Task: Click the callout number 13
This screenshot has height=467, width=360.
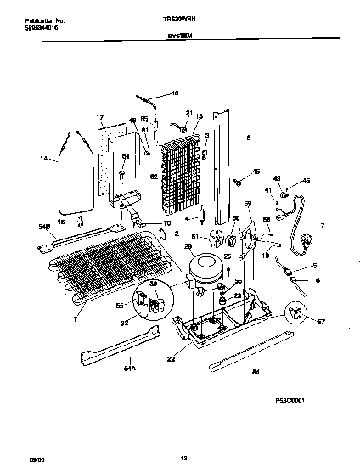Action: [x=177, y=92]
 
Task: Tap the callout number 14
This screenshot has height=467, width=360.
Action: [x=42, y=158]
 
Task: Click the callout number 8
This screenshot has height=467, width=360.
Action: [x=247, y=136]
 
